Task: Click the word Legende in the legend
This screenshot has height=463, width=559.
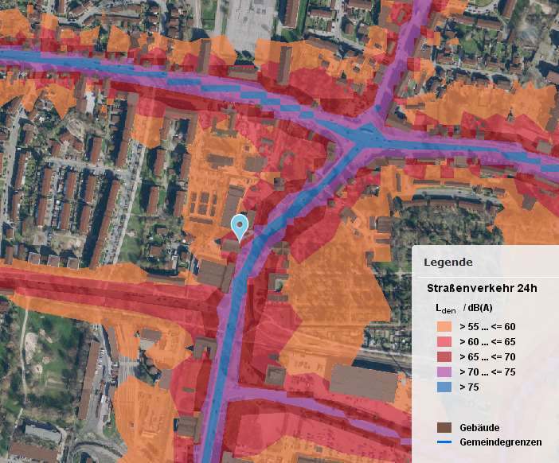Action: [x=448, y=262]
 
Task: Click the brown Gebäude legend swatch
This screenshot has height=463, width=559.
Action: [x=444, y=427]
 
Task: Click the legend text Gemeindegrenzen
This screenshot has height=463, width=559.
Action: [x=501, y=442]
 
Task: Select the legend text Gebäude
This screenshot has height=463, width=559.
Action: [x=479, y=427]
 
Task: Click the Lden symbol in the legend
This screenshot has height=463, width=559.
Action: [x=445, y=309]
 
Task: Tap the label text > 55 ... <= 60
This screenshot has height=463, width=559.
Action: [x=488, y=326]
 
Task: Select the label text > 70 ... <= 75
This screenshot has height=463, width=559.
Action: [x=488, y=372]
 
